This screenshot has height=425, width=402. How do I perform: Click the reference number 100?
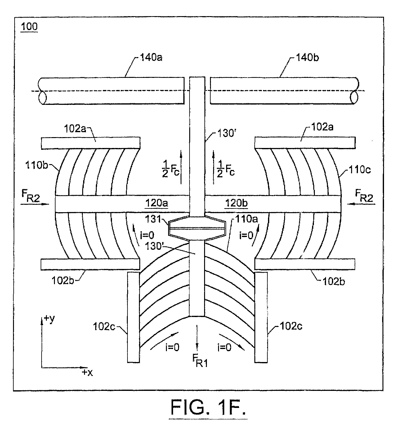pos(29,27)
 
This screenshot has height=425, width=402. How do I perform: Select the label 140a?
pos(151,57)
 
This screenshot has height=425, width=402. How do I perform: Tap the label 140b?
pos(307,58)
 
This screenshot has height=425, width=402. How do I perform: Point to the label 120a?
pos(157,203)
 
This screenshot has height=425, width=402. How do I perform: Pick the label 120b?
pos(236,203)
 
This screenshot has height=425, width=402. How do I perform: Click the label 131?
pos(153,219)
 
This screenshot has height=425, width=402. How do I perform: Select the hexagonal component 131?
pos(197,228)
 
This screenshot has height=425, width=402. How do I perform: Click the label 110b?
pos(37,165)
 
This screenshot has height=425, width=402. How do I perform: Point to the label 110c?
pos(360,170)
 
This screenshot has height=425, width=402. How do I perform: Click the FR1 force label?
pos(200,361)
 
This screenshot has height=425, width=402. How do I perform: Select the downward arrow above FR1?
pos(197,337)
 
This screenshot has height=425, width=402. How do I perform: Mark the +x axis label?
pos(87,373)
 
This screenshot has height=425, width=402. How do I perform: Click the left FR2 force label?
pos(30,196)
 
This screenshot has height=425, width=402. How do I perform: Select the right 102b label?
pos(334,282)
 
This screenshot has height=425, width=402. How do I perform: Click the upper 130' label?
pos(226,133)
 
